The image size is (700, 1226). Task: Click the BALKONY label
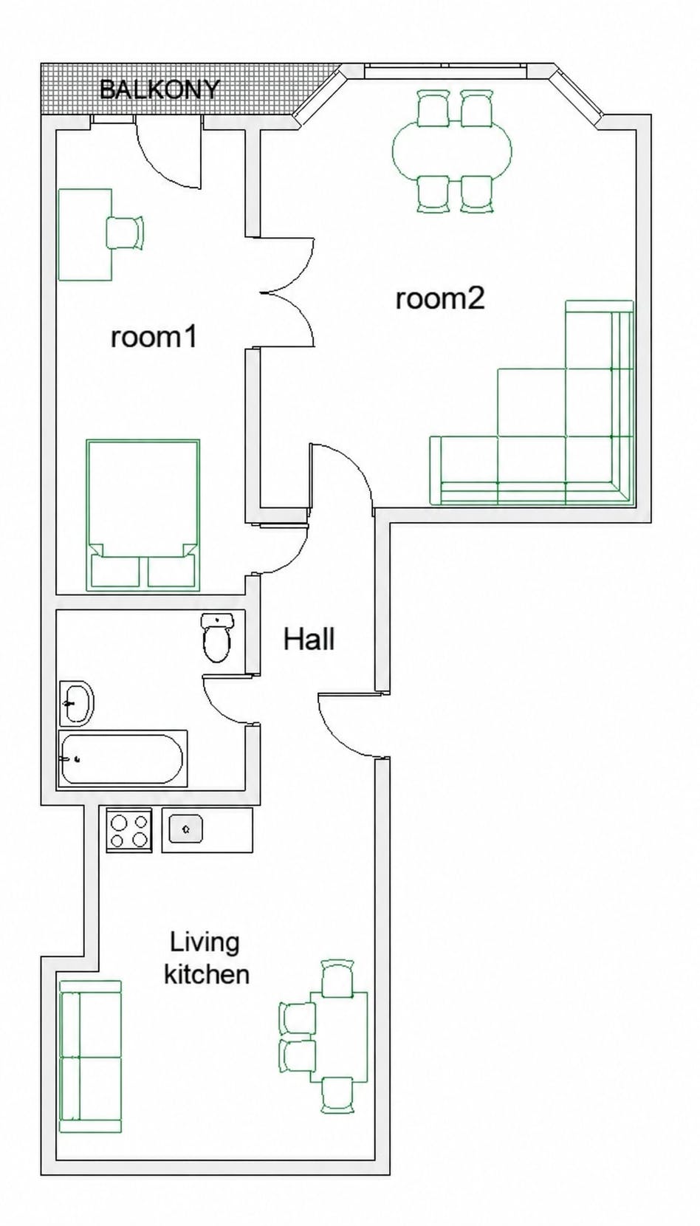[x=159, y=89]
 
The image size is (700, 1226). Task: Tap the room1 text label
[x=154, y=337]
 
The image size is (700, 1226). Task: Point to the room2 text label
[x=441, y=299]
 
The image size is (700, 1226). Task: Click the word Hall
[x=309, y=639]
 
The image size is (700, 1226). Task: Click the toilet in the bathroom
[x=217, y=637]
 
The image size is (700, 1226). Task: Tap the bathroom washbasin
[x=76, y=704]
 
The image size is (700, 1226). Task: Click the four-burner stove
[x=129, y=831]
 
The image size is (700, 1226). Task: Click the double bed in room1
[x=143, y=515]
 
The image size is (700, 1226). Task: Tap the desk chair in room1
[x=126, y=233]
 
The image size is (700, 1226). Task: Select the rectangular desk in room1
[x=85, y=235]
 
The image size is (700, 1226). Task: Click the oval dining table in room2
[x=452, y=150]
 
